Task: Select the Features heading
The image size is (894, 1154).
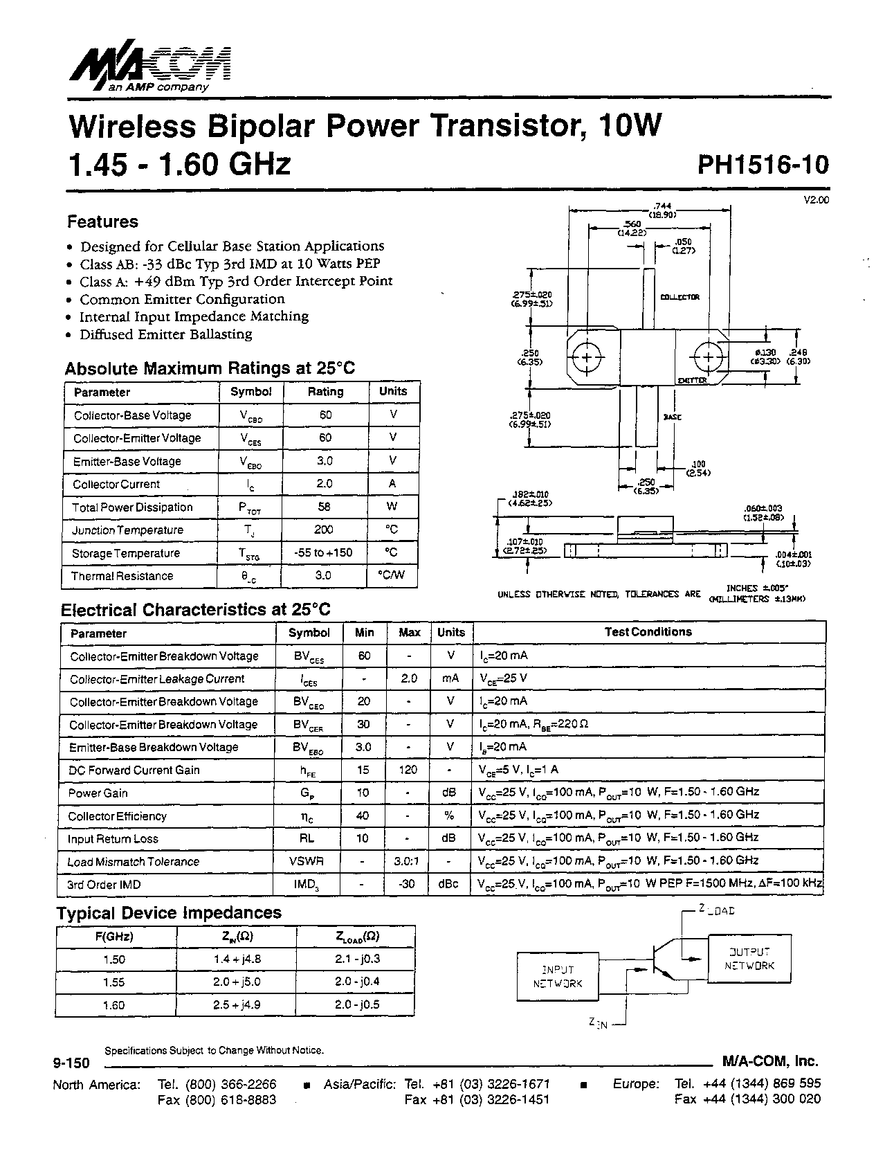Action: [x=102, y=222]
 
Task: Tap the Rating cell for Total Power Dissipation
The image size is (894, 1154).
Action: [x=324, y=507]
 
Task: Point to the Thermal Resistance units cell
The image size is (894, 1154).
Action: [x=392, y=575]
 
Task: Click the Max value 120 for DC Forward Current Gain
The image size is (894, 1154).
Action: [x=409, y=770]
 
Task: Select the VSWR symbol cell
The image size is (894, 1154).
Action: [x=307, y=862]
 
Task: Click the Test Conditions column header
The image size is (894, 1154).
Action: [x=648, y=632]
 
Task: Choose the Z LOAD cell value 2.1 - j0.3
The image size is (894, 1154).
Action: [x=356, y=959]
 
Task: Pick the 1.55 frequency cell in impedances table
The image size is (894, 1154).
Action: [x=114, y=982]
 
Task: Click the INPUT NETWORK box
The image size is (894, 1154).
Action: [x=558, y=977]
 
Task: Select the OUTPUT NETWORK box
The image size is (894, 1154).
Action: [x=749, y=959]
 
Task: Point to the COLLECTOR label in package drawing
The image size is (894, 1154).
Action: [x=679, y=297]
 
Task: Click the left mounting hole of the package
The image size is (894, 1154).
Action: [x=587, y=358]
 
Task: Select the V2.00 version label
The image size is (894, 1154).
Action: [x=816, y=200]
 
